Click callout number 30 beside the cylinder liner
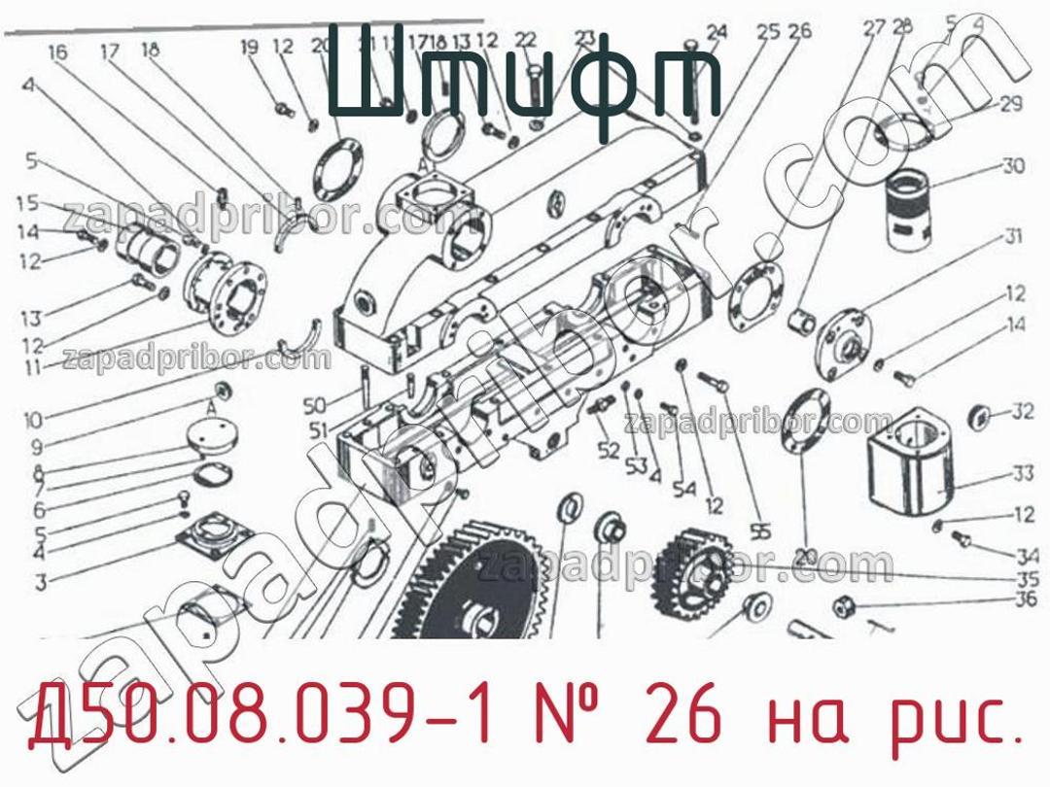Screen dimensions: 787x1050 coord(1013,166)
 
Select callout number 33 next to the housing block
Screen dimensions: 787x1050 coord(1022,474)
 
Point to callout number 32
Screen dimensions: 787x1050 coord(1022,412)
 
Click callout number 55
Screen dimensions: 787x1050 coord(760,531)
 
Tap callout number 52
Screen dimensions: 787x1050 coord(609,451)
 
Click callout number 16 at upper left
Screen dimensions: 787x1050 coord(57,51)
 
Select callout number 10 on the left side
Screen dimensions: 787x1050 coord(33,421)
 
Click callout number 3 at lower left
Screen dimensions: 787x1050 coord(41,583)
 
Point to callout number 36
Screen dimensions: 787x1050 coord(1025,599)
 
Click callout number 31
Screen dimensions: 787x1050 coord(1013,236)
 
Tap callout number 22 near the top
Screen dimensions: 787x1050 coord(525,40)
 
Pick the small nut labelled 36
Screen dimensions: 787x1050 coord(842,607)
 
